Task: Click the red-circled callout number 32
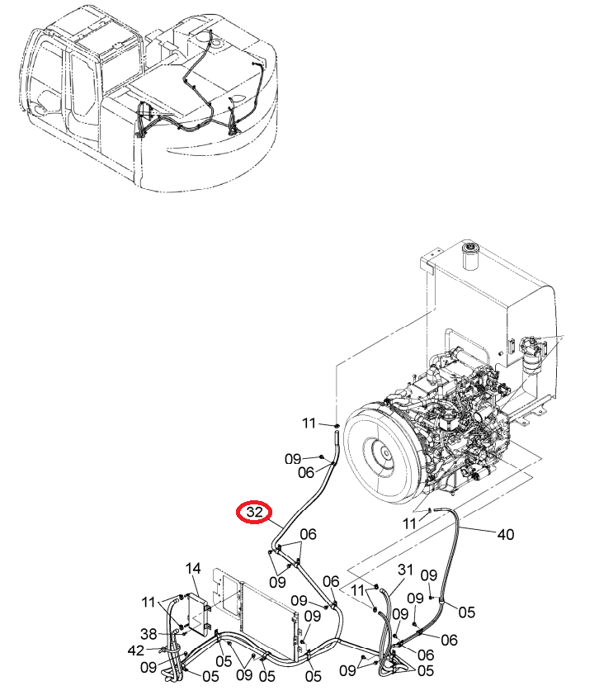[x=254, y=512]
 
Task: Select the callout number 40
[x=505, y=534]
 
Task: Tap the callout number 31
[x=406, y=570]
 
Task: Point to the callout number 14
[x=193, y=569]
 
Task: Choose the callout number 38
[x=149, y=634]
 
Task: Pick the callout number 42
[x=136, y=650]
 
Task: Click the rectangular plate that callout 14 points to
[x=199, y=614]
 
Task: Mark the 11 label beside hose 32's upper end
[x=309, y=423]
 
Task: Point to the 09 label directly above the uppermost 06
[x=293, y=458]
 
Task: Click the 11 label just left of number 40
[x=409, y=523]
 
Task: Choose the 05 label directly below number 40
[x=467, y=612]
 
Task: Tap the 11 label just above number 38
[x=149, y=603]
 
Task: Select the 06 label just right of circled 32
[x=308, y=534]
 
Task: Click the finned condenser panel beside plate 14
[x=268, y=620]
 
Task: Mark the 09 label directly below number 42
[x=149, y=668]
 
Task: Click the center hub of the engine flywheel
[x=383, y=455]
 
